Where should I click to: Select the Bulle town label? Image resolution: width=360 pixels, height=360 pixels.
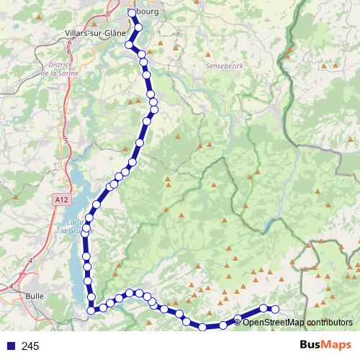(35, 295)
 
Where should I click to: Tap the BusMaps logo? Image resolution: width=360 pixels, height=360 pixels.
(323, 346)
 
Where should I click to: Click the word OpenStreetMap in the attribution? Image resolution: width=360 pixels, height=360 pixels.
(271, 322)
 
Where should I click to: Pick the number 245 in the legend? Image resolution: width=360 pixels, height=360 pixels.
(31, 346)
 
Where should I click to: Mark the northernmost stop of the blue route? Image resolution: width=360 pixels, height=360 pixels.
(132, 13)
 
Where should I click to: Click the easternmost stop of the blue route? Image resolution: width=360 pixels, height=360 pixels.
(274, 310)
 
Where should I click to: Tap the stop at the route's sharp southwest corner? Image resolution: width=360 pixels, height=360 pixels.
(91, 310)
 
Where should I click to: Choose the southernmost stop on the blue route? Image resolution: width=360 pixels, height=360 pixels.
(203, 327)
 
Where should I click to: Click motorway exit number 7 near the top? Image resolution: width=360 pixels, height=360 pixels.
(107, 14)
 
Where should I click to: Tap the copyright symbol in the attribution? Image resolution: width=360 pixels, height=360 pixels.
(238, 322)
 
